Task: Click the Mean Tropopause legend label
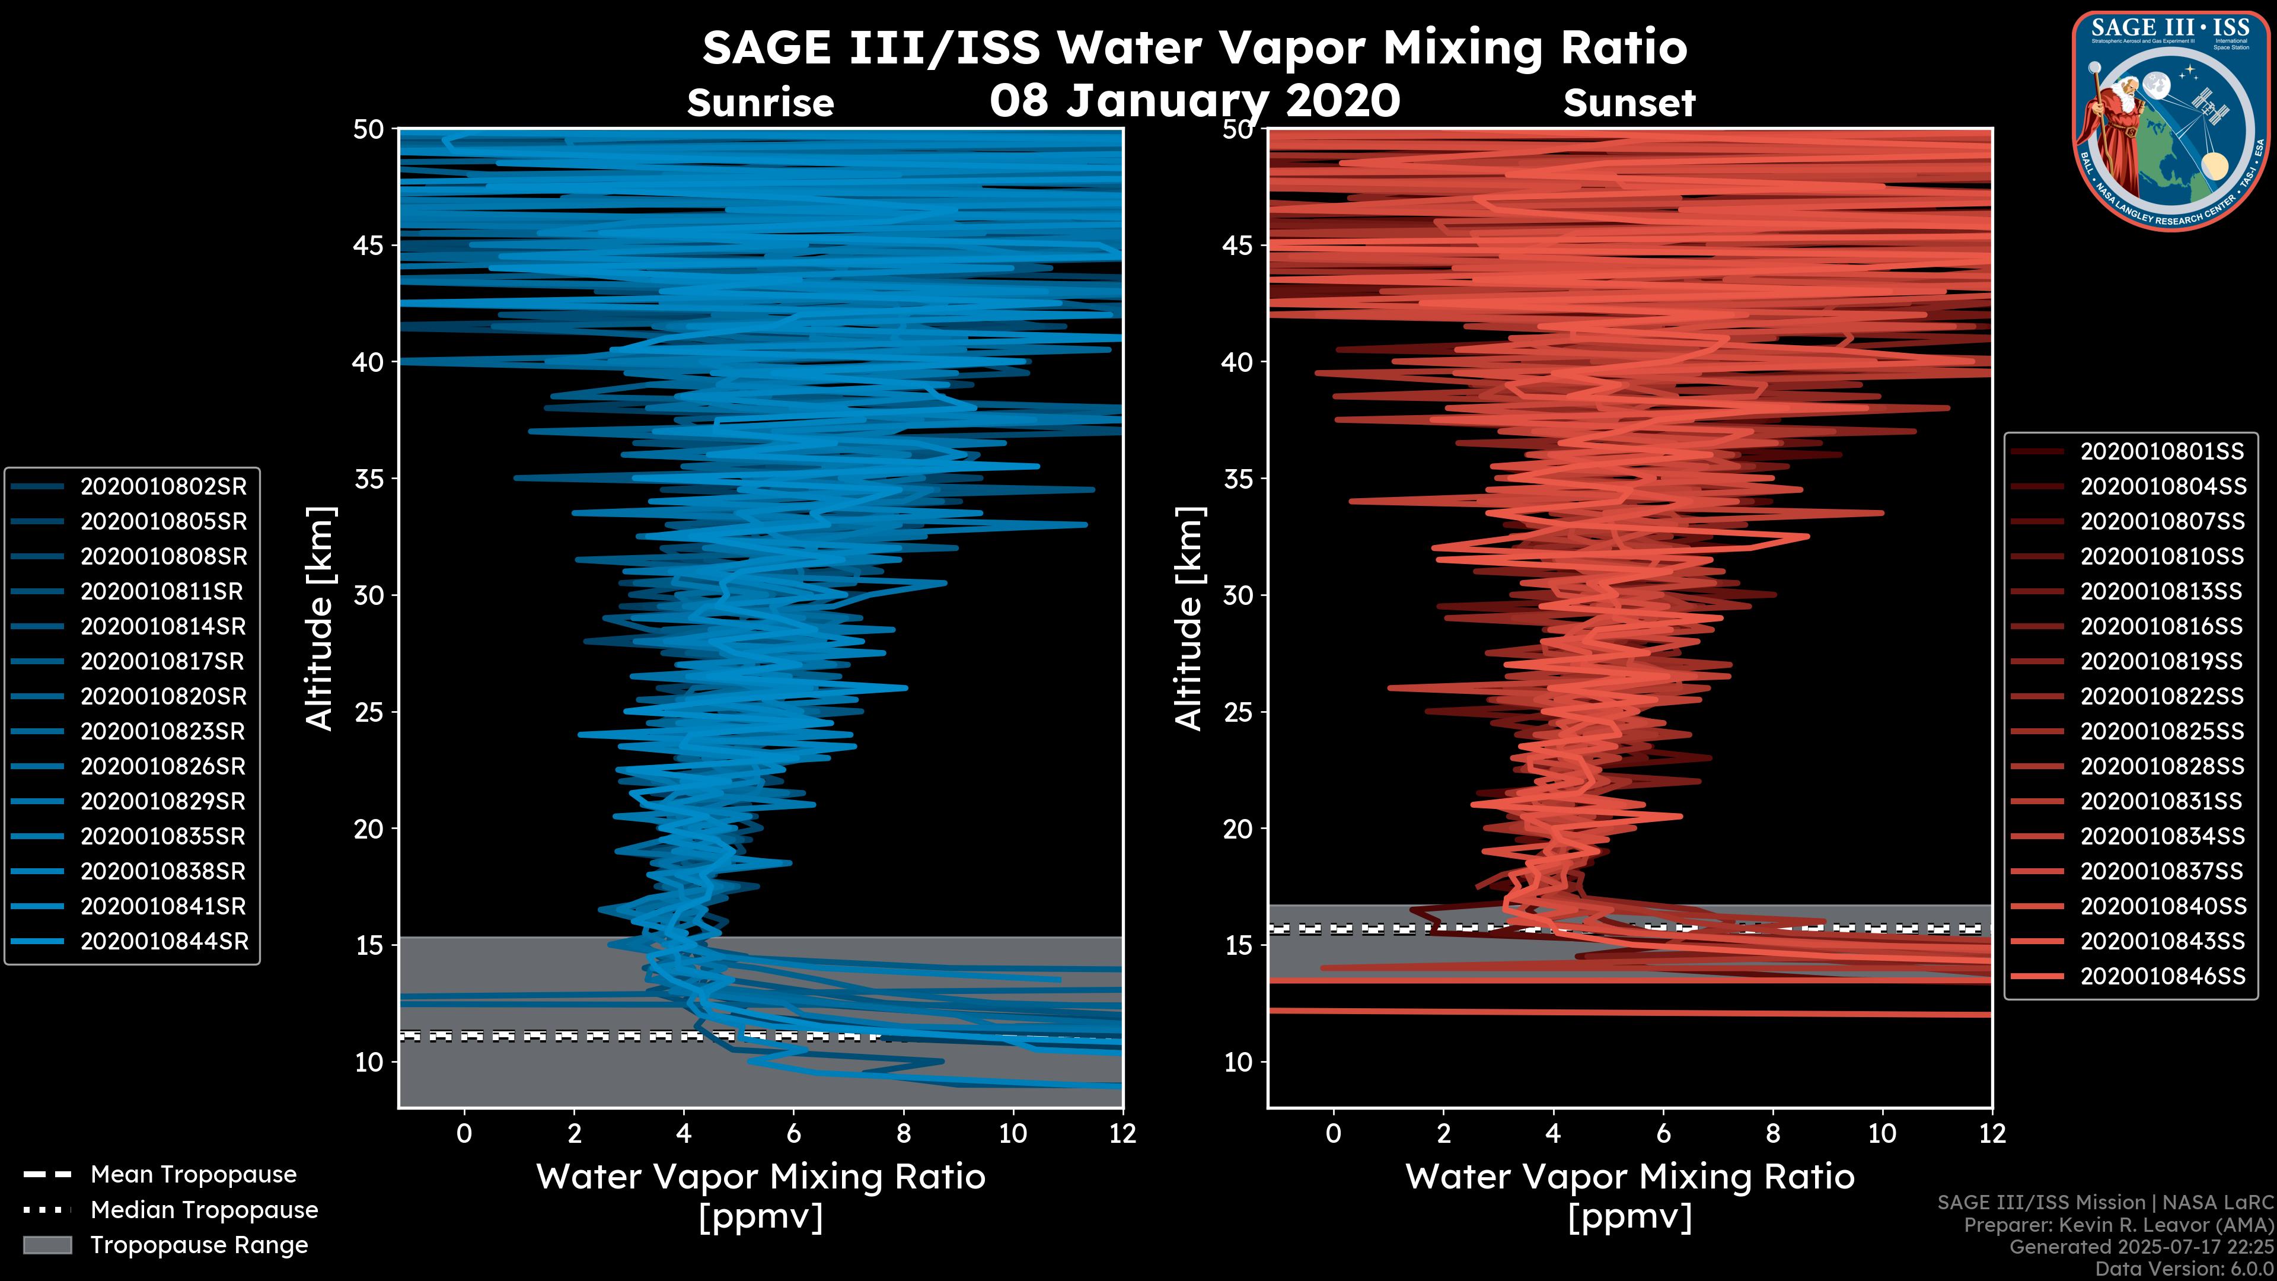pyautogui.click(x=193, y=1174)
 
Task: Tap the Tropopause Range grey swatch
pyautogui.click(x=47, y=1245)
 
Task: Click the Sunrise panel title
pyautogui.click(x=760, y=103)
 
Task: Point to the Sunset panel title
pyautogui.click(x=1629, y=103)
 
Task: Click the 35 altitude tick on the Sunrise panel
pyautogui.click(x=369, y=479)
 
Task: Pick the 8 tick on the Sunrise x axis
pyautogui.click(x=903, y=1133)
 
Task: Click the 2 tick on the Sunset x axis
pyautogui.click(x=1443, y=1133)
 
